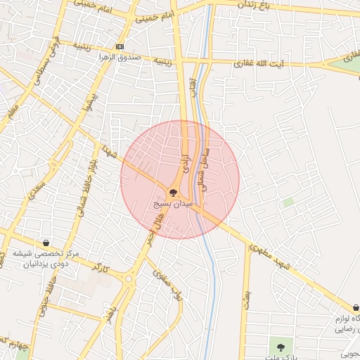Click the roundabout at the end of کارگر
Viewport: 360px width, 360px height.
(x=129, y=278)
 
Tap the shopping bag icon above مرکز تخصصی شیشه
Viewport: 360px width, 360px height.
(x=46, y=243)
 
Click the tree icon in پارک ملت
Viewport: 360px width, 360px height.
(x=281, y=347)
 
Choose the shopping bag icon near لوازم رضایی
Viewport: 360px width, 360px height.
(x=356, y=308)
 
